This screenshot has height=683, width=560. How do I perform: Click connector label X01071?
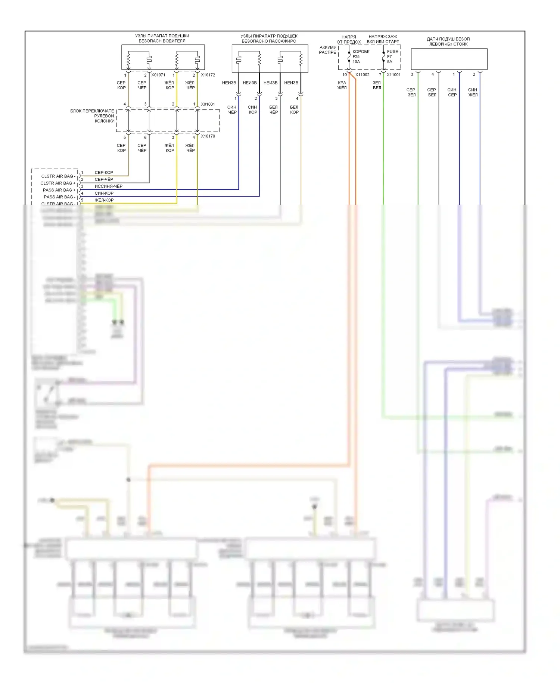pyautogui.click(x=158, y=75)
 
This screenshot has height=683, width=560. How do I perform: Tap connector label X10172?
pyautogui.click(x=208, y=75)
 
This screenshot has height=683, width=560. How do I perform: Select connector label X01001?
pyautogui.click(x=208, y=104)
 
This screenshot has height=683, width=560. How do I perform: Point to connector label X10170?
pyautogui.click(x=208, y=136)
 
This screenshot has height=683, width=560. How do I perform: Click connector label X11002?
pyautogui.click(x=362, y=75)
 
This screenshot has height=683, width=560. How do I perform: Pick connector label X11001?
pyautogui.click(x=393, y=75)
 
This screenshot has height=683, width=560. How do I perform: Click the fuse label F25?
pyautogui.click(x=356, y=57)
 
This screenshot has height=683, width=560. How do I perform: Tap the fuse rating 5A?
pyautogui.click(x=389, y=62)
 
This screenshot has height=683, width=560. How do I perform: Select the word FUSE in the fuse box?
pyautogui.click(x=392, y=52)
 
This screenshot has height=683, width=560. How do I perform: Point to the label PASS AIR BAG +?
pyautogui.click(x=59, y=190)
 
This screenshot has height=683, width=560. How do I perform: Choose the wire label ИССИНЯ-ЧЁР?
pyautogui.click(x=108, y=186)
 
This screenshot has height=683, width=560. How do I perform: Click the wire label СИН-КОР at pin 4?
pyautogui.click(x=104, y=193)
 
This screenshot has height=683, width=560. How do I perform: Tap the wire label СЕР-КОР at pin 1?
pyautogui.click(x=104, y=173)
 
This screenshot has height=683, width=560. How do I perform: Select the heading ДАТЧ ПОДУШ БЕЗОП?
pyautogui.click(x=448, y=39)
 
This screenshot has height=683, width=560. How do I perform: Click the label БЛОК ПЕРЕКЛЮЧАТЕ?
pyautogui.click(x=92, y=111)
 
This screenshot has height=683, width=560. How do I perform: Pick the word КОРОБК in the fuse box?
pyautogui.click(x=361, y=52)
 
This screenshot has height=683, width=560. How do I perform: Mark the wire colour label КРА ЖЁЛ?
pyautogui.click(x=342, y=85)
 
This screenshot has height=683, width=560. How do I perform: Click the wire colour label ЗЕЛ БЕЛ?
pyautogui.click(x=377, y=85)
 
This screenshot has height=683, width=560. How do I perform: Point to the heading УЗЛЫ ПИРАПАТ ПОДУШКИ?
pyautogui.click(x=162, y=36)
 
